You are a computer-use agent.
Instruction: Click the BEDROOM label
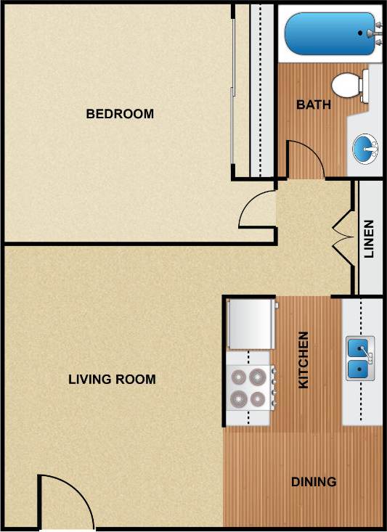point(120,114)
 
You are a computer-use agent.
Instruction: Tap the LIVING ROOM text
point(112,379)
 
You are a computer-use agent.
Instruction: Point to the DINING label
point(314,481)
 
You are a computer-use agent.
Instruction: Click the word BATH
point(314,105)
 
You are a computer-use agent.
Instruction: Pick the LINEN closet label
point(370,239)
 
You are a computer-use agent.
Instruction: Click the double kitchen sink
point(360,359)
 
